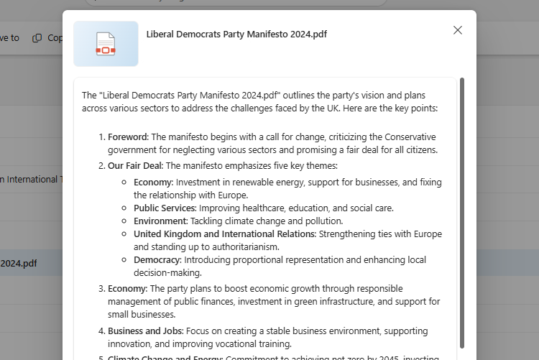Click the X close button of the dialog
pos(458,30)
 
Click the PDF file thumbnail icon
pos(106,44)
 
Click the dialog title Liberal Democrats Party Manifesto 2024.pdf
pos(236,34)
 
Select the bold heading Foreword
pos(127,137)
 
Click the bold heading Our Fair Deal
pos(135,165)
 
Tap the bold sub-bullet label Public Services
pos(165,208)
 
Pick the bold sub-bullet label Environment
pos(160,221)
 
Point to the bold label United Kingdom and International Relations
pos(224,234)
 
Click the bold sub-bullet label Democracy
pos(157,259)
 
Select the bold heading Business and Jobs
pos(145,331)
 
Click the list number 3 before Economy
pos(101,288)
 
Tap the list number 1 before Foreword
pos(101,137)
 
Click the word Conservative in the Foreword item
pos(410,137)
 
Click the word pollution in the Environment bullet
pos(324,221)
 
